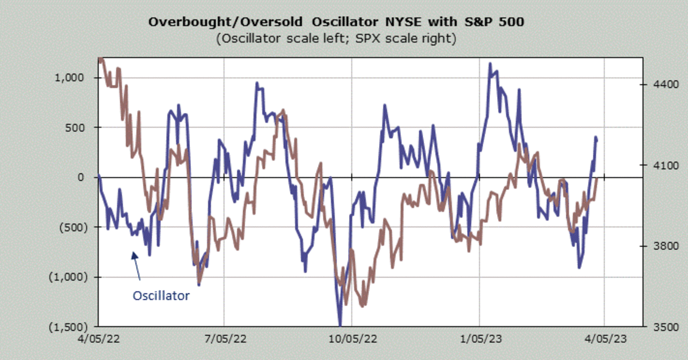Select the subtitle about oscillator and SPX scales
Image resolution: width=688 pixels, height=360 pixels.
[336, 39]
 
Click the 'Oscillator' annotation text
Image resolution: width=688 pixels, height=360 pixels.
[161, 296]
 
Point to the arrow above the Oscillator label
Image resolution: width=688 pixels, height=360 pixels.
[136, 266]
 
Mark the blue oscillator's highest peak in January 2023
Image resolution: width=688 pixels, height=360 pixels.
[490, 64]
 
